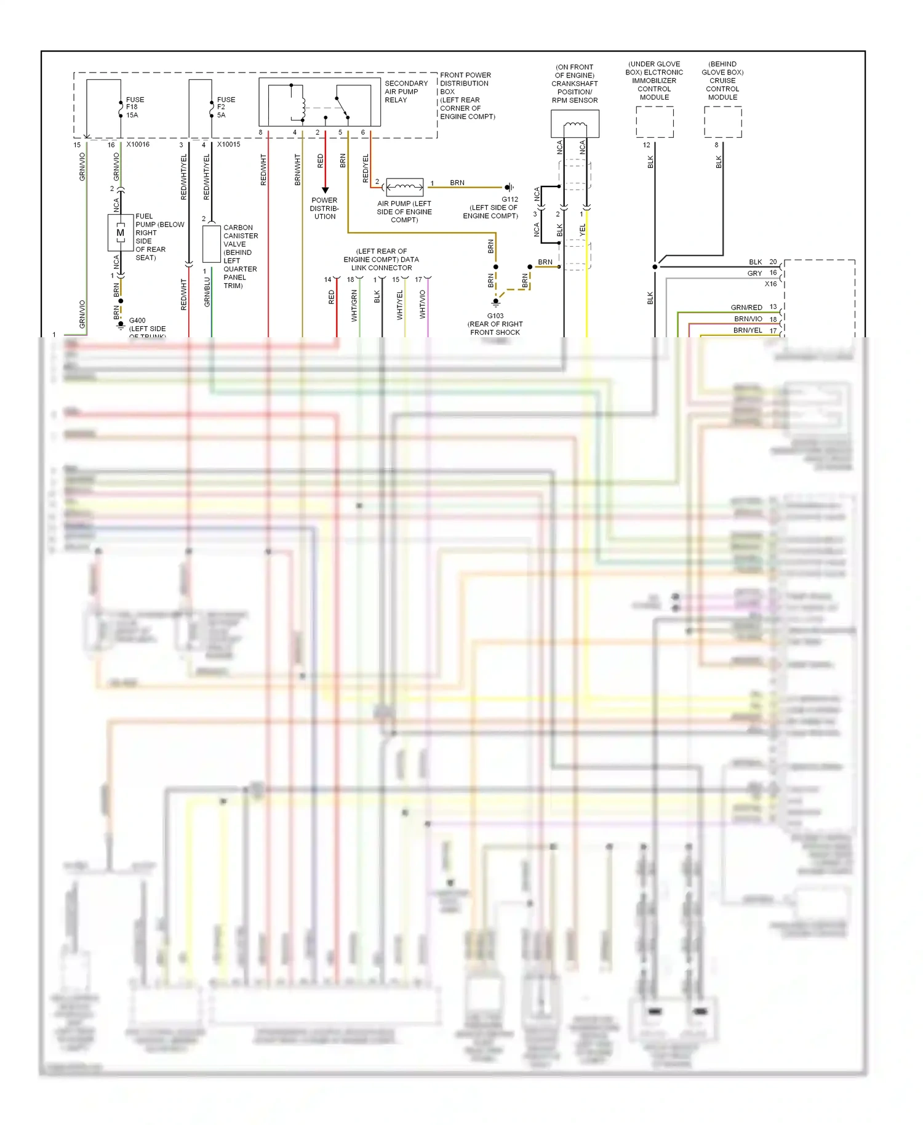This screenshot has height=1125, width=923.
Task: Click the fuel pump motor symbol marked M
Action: (121, 233)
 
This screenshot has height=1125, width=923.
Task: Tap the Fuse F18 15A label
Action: (135, 107)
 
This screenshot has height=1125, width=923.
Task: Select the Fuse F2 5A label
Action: (226, 107)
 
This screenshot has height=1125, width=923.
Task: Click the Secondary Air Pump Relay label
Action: (406, 92)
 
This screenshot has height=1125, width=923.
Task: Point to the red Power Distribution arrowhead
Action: (325, 190)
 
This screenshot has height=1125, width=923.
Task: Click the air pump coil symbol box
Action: (404, 186)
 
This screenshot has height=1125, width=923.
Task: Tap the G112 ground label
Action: (509, 199)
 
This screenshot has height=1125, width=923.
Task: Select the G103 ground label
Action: (495, 316)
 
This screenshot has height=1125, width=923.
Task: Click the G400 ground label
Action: (137, 321)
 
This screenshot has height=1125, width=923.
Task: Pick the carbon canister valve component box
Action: (212, 244)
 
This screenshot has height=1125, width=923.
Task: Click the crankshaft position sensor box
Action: (575, 124)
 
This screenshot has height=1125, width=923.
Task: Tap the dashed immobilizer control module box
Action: (655, 122)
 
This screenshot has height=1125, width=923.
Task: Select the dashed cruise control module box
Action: (722, 122)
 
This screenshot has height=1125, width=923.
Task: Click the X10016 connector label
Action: (138, 145)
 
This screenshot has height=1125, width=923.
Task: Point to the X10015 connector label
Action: (228, 145)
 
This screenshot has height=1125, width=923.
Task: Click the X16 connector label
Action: (770, 284)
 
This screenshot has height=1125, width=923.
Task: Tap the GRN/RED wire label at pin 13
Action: (746, 307)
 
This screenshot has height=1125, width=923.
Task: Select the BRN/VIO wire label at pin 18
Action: (748, 319)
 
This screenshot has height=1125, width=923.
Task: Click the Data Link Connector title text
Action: (382, 260)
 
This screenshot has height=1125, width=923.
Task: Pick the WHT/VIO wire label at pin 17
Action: (423, 305)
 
